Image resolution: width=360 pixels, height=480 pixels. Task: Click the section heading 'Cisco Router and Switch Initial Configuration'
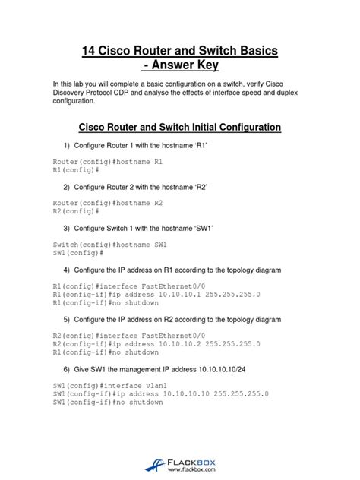click(180, 126)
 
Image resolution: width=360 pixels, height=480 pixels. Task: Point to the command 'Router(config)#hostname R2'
click(108, 204)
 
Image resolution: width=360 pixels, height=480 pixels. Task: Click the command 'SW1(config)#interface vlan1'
click(108, 386)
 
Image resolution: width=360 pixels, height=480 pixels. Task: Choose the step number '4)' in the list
click(68, 270)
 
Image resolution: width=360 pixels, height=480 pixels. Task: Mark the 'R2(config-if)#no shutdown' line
click(106, 352)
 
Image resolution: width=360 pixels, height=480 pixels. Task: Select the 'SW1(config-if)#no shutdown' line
click(108, 403)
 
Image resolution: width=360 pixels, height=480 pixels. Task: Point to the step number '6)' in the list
click(68, 368)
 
